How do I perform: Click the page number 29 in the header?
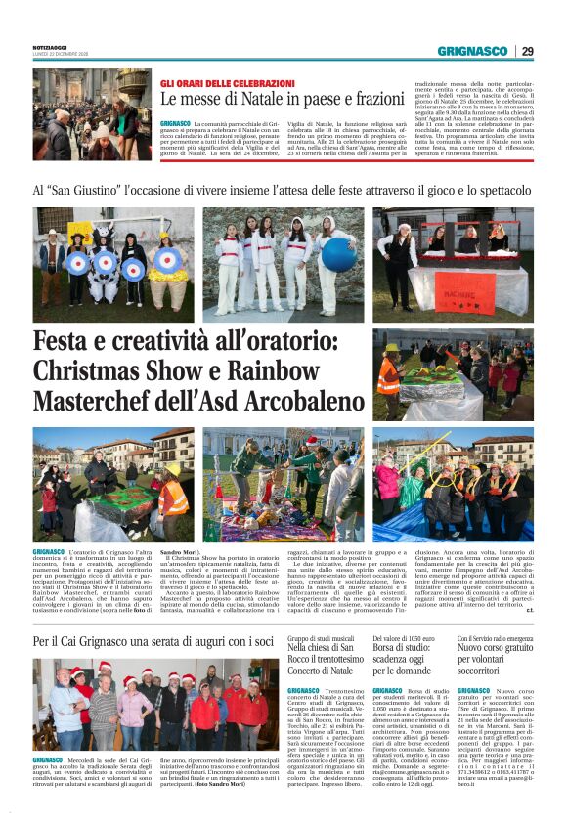pos(527,51)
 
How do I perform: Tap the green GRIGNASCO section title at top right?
pos(473,51)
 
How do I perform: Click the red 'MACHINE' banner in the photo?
pos(427,296)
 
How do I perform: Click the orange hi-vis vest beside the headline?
pos(388,374)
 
